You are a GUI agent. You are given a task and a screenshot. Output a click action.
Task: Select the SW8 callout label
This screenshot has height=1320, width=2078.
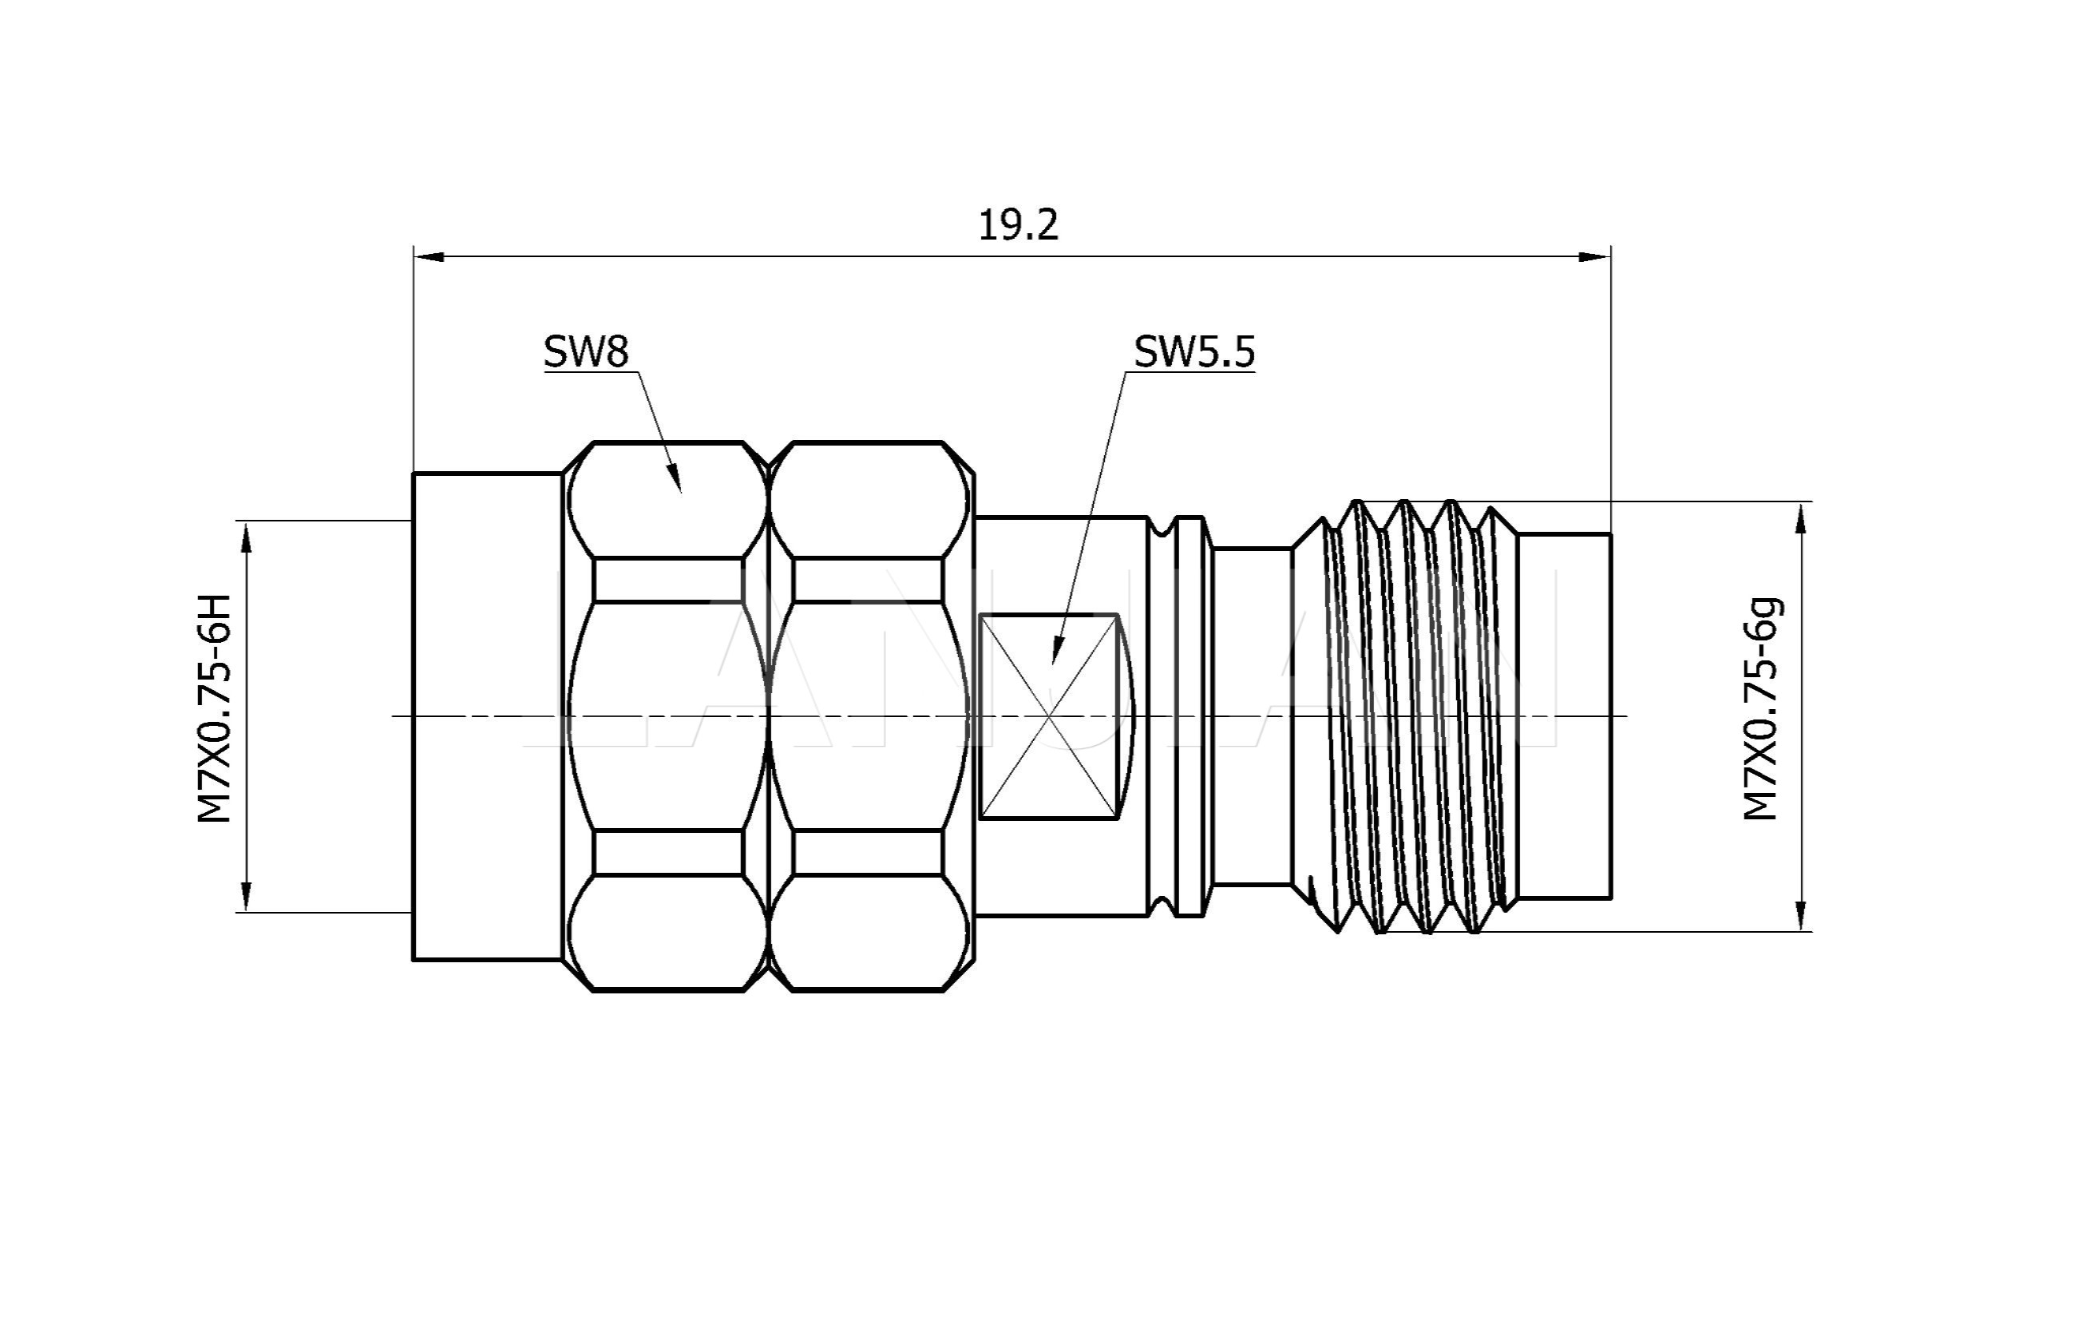[x=586, y=351]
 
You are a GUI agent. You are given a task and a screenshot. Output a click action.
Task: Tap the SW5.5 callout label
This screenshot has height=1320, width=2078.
[x=1193, y=351]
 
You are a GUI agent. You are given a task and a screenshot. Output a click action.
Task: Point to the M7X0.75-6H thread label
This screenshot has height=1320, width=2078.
[x=215, y=708]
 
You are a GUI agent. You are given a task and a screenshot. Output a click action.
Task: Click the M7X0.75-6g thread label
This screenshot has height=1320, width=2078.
[x=1761, y=708]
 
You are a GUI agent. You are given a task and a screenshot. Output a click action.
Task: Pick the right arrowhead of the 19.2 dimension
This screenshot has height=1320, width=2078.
[x=1595, y=256]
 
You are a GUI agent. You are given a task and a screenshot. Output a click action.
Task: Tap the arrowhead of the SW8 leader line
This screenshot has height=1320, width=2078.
[x=675, y=479]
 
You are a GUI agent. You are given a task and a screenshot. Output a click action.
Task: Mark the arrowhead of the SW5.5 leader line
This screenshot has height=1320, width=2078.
[x=1056, y=651]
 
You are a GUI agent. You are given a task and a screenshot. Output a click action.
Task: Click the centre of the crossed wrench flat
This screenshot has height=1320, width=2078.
[x=1049, y=716]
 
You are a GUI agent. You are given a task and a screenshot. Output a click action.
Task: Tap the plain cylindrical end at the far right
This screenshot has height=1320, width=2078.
[x=1565, y=716]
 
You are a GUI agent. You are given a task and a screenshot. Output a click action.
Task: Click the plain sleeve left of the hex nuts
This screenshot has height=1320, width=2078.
[x=487, y=716]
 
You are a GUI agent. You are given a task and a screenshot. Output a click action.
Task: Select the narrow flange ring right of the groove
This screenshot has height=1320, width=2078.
[x=1191, y=716]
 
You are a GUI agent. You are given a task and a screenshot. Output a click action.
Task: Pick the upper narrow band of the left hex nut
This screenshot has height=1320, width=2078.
[x=668, y=580]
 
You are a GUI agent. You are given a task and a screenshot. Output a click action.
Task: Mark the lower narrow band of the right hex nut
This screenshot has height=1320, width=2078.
[x=867, y=853]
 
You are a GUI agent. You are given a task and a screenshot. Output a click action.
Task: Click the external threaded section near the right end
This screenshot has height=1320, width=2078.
[x=1415, y=716]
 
